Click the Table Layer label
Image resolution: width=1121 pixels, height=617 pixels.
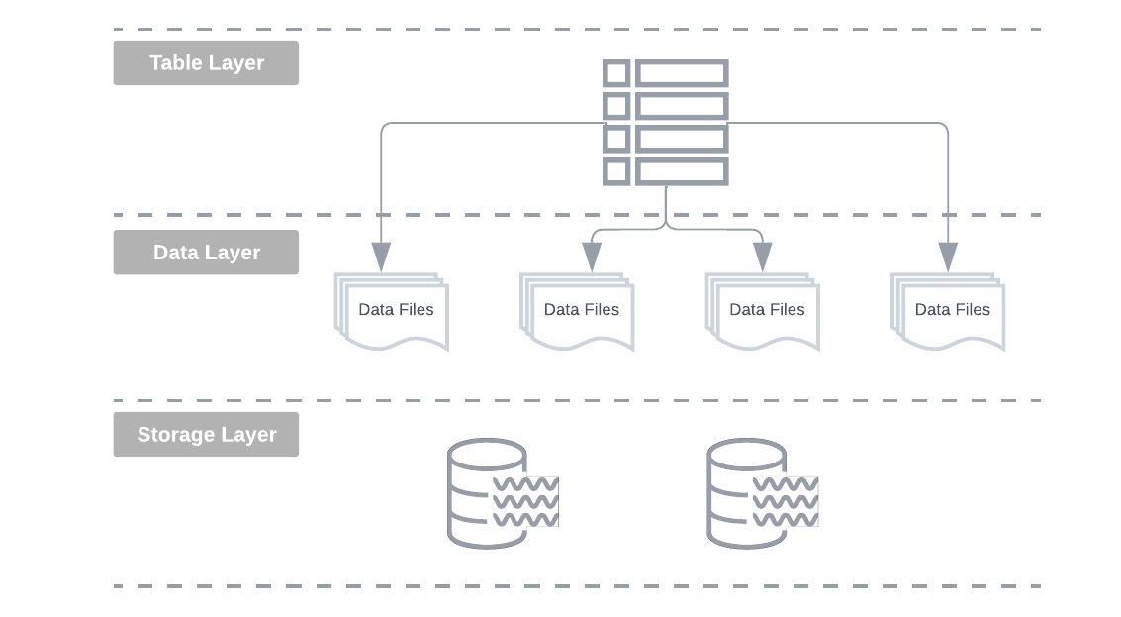(x=206, y=62)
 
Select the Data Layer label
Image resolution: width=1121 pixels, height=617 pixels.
(x=206, y=253)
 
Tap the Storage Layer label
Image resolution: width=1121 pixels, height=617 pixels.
(x=206, y=435)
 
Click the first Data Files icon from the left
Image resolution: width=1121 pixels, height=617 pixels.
(x=393, y=311)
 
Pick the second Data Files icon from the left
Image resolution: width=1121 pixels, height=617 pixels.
(x=578, y=311)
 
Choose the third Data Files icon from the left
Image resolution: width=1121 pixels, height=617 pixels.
(x=764, y=311)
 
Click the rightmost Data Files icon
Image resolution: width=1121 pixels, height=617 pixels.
(x=949, y=311)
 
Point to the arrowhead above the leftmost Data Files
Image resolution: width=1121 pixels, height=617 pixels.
(x=381, y=257)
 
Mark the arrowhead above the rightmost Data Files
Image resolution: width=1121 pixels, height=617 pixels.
(x=948, y=257)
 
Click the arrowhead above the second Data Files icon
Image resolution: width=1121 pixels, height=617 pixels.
(x=592, y=257)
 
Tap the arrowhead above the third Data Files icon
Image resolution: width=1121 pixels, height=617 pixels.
(x=762, y=257)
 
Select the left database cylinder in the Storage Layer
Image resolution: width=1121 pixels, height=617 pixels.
(x=486, y=493)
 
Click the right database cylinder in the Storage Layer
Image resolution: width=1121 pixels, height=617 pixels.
(x=746, y=493)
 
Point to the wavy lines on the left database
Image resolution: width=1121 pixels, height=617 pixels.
(x=525, y=502)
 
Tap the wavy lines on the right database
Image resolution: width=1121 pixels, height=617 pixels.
(x=786, y=502)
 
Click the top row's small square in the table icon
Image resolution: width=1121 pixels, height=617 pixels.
(x=616, y=73)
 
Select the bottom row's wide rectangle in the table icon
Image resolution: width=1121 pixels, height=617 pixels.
(x=682, y=172)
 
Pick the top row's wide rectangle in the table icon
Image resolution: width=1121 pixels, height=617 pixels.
(x=682, y=73)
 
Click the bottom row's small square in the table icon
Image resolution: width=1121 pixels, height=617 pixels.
(x=616, y=172)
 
